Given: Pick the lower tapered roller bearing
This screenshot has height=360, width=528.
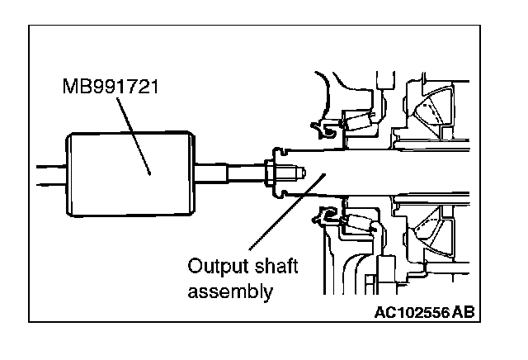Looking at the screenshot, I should click(360, 222).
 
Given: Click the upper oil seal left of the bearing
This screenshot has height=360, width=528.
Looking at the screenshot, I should click(323, 127).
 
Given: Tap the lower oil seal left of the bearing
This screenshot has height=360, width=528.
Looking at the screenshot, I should click(323, 218).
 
